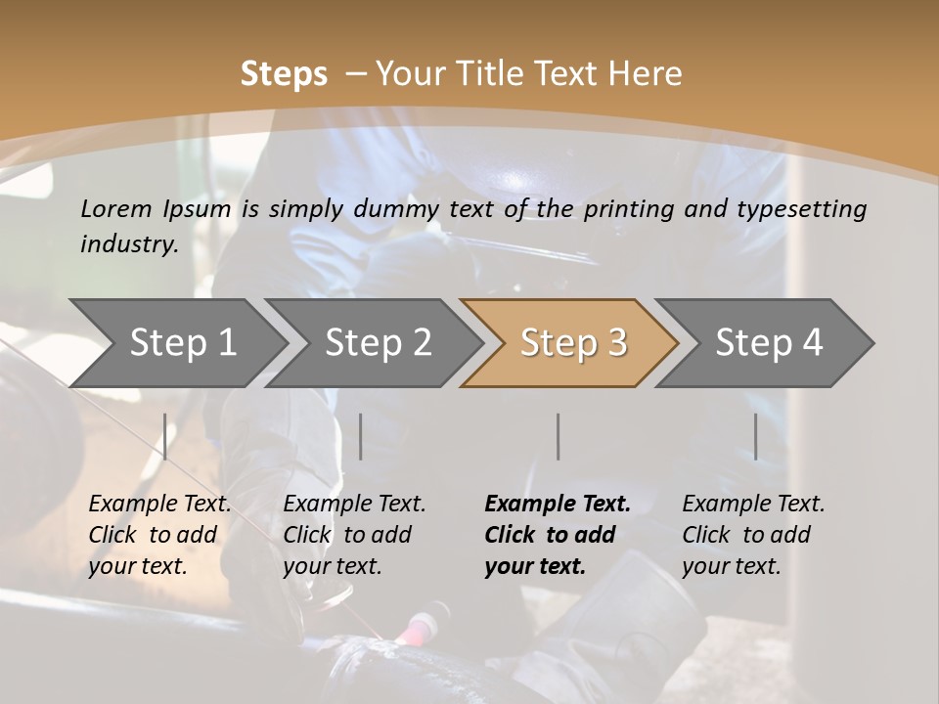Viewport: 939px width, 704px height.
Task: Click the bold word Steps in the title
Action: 284,74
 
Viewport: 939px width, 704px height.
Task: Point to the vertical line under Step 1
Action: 165,436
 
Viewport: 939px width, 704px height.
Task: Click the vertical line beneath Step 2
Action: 361,436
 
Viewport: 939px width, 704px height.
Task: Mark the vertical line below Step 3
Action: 558,436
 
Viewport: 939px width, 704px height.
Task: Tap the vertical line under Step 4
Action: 755,436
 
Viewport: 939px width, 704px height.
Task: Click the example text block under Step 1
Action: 159,535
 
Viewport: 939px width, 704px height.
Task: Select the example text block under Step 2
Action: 354,535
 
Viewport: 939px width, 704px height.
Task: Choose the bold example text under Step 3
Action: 558,535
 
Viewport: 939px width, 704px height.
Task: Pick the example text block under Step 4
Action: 753,535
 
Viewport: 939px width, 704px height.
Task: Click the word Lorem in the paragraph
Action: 115,208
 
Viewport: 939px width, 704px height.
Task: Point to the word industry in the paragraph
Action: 128,244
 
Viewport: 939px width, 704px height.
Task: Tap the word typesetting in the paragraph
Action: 809,209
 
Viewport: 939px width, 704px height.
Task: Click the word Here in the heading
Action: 645,74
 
